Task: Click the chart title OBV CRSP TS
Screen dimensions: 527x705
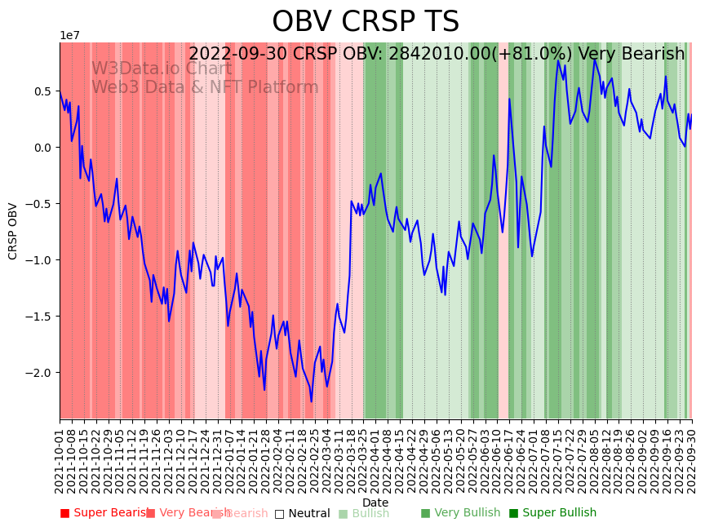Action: (365, 22)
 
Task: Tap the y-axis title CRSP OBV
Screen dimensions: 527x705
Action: (13, 231)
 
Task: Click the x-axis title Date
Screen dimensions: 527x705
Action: (375, 503)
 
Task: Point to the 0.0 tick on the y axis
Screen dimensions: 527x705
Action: (43, 148)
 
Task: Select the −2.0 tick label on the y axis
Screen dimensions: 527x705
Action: (40, 373)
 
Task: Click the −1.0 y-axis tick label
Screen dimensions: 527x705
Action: (40, 260)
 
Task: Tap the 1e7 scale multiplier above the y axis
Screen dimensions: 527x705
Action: (69, 35)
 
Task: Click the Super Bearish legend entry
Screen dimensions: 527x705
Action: (101, 513)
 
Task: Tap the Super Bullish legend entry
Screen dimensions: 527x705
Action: (552, 513)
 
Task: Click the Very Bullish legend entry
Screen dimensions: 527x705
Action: (460, 513)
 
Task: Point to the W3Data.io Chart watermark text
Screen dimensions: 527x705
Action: (162, 69)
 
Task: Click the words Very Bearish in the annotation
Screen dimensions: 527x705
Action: (631, 55)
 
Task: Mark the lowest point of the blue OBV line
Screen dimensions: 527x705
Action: (311, 401)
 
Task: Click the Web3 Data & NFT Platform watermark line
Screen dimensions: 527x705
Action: (205, 87)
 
